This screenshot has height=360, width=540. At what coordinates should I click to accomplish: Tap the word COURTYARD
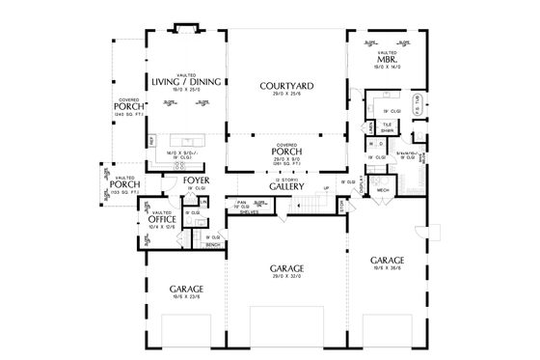coord(285,87)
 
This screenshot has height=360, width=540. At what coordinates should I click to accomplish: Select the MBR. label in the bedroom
coord(390,60)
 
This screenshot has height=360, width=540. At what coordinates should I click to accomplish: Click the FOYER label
coord(197,180)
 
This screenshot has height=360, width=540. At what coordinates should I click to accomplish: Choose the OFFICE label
coord(162,219)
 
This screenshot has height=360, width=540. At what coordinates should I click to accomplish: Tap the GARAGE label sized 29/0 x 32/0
coord(286,267)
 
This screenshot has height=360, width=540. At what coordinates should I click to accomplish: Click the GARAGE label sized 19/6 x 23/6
coord(185,289)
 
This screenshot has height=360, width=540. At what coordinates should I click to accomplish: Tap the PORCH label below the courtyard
coord(286,151)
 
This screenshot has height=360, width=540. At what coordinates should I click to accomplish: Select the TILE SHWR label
coord(387,127)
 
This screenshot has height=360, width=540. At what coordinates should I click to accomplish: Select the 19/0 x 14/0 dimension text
coord(390,68)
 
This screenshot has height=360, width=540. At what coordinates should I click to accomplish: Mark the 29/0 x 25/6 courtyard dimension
coord(285,95)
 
